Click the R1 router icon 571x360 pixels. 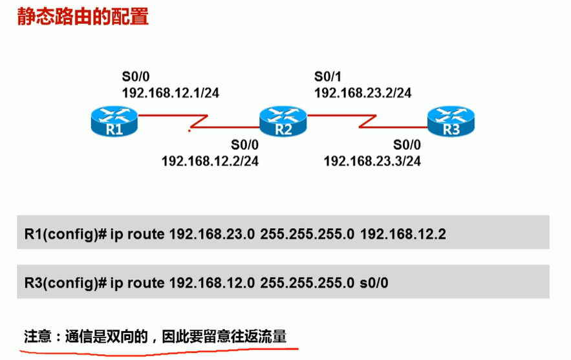[114, 122]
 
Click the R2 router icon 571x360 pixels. [282, 122]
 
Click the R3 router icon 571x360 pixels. [450, 122]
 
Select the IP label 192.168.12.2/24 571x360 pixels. [210, 161]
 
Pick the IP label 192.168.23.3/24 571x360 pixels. [372, 161]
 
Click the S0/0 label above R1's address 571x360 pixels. [136, 75]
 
